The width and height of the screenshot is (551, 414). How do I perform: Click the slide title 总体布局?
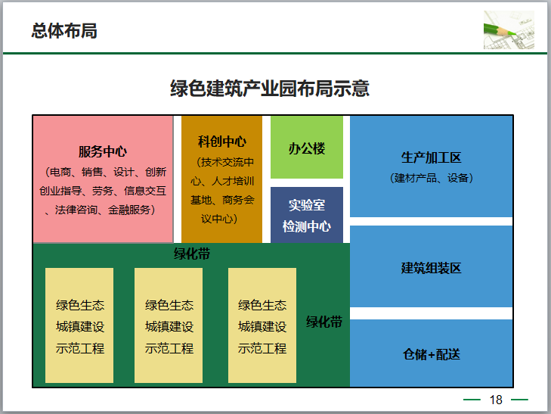pos(64,32)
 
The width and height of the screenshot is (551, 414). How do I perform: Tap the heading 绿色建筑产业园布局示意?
pos(269,89)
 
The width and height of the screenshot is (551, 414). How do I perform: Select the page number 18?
pos(496,400)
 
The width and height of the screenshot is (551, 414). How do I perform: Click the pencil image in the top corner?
pos(509,31)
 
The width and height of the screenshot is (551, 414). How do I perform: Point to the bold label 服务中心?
pos(103,151)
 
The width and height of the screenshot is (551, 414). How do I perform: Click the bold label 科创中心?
pos(222,142)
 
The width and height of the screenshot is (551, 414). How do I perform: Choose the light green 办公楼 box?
pos(307,148)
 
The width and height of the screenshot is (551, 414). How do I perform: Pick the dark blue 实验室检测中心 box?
pos(307,215)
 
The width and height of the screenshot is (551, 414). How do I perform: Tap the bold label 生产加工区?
pos(432,158)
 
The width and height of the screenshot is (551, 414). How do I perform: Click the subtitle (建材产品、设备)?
pos(432,179)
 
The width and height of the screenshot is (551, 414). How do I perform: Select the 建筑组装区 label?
pos(432,268)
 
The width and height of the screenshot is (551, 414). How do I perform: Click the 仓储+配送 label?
pos(432,354)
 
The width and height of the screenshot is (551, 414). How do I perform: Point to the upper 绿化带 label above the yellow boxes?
pos(192,254)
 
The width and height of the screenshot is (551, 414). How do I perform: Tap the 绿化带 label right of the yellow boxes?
pos(324,322)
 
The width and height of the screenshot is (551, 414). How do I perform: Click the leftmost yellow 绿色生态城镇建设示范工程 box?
pos(79,325)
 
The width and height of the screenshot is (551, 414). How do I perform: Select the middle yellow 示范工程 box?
pos(169,325)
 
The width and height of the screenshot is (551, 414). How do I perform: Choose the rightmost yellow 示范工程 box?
pos(262,325)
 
